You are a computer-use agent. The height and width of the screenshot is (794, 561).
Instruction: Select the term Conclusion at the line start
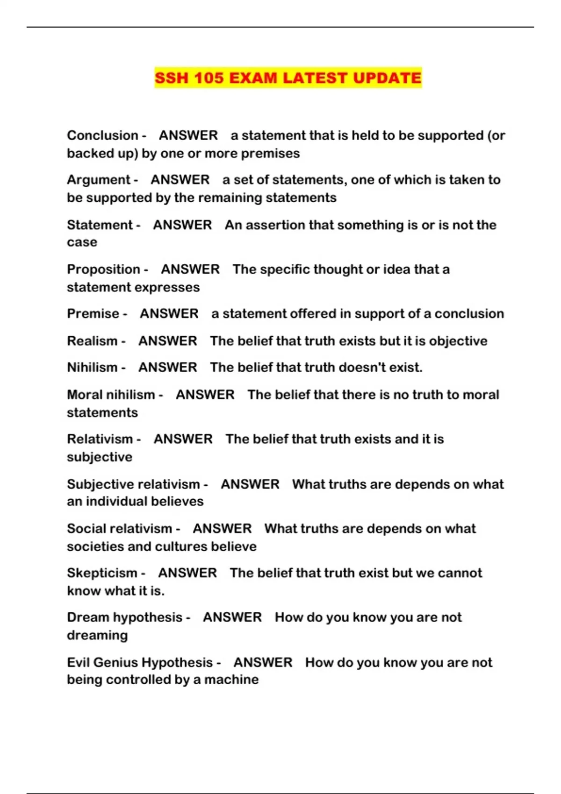coord(102,135)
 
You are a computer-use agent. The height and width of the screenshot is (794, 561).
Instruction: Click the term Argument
coord(99,180)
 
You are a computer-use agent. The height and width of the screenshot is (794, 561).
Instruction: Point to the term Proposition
coord(103,269)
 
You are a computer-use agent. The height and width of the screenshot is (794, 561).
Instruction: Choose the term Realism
coord(92,341)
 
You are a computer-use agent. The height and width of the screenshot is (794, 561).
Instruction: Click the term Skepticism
coord(102,573)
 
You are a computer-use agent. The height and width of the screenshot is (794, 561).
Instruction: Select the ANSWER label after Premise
coord(169,314)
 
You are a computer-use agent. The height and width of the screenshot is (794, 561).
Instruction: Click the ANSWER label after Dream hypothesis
coord(232,617)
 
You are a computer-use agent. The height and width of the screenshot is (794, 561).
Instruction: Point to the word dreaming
coord(97,635)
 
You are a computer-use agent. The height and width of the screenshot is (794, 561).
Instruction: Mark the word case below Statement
coord(82,242)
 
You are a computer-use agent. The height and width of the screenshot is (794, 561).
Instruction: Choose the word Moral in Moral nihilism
coord(85,395)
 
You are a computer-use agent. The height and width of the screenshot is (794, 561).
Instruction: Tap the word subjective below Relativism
coord(100,457)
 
